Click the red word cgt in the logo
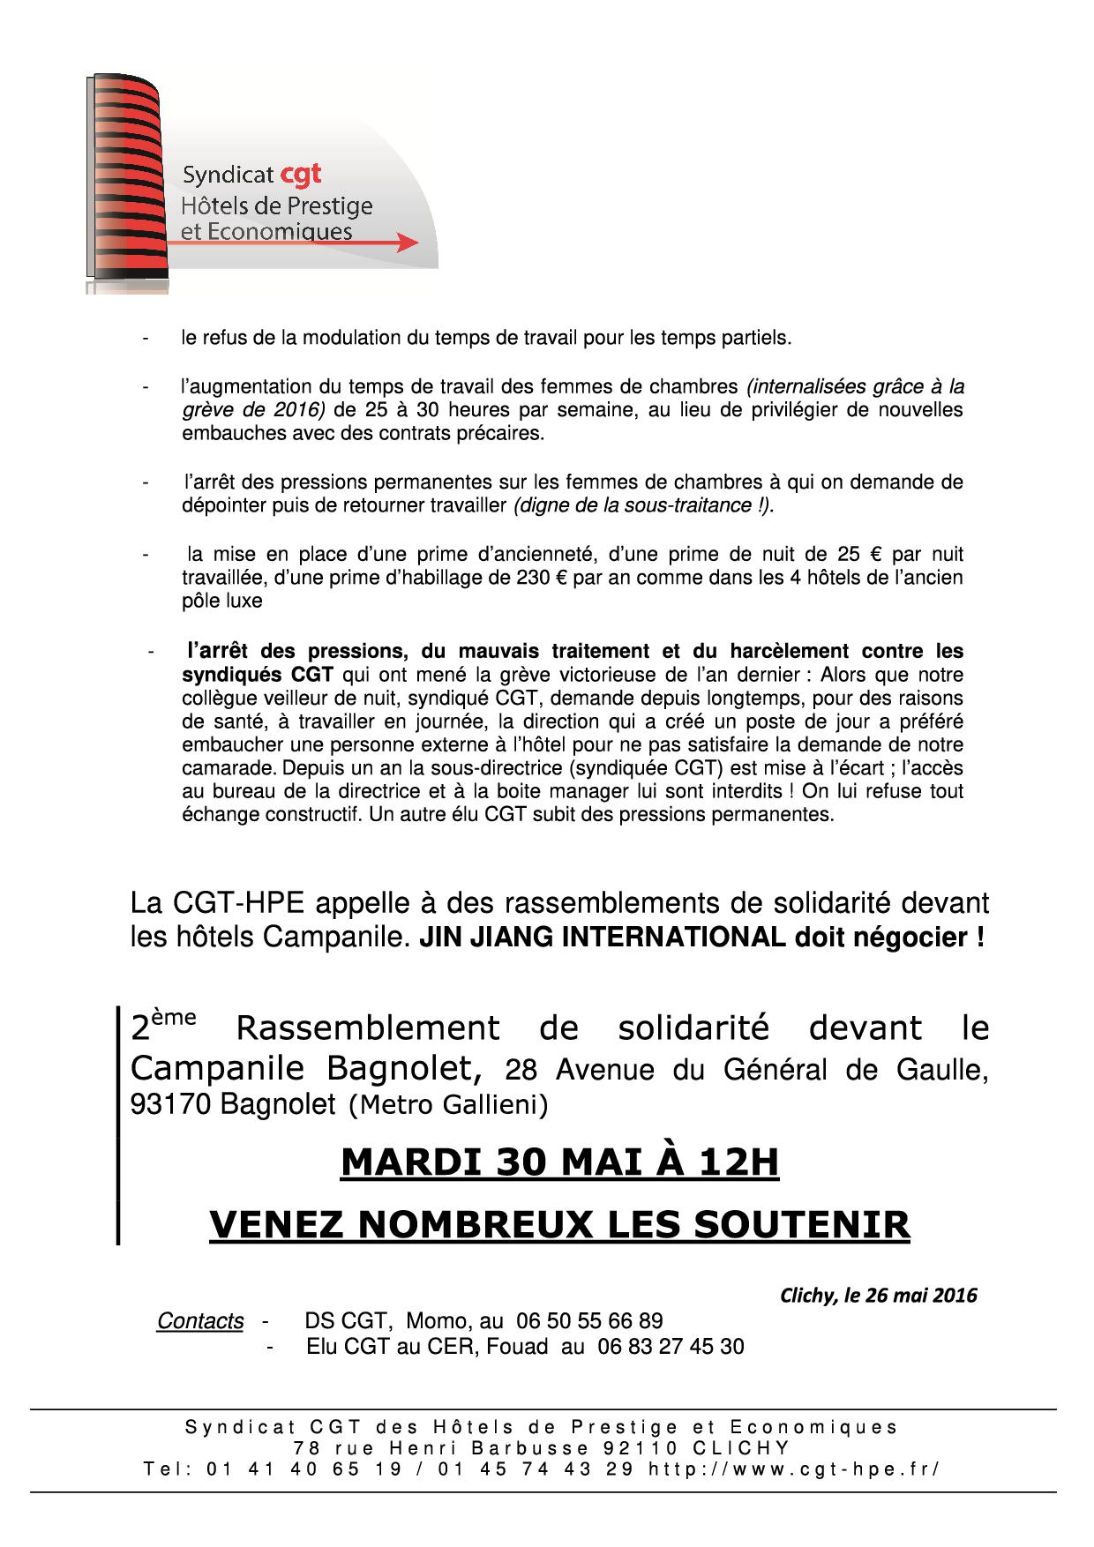pyautogui.click(x=301, y=174)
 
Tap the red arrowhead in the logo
pyautogui.click(x=407, y=243)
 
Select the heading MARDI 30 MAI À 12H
pyautogui.click(x=559, y=1162)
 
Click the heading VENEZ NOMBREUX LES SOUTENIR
pyautogui.click(x=559, y=1224)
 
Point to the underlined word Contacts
pyautogui.click(x=200, y=1320)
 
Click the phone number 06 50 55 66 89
pyautogui.click(x=589, y=1320)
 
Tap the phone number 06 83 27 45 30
pyautogui.click(x=671, y=1347)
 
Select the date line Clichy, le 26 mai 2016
pyautogui.click(x=878, y=1295)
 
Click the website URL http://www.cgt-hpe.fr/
pyautogui.click(x=793, y=1469)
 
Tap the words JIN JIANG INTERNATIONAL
pyautogui.click(x=601, y=937)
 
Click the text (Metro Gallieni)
pyautogui.click(x=449, y=1104)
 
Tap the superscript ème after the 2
pyautogui.click(x=176, y=1016)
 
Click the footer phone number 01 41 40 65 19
pyautogui.click(x=303, y=1469)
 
